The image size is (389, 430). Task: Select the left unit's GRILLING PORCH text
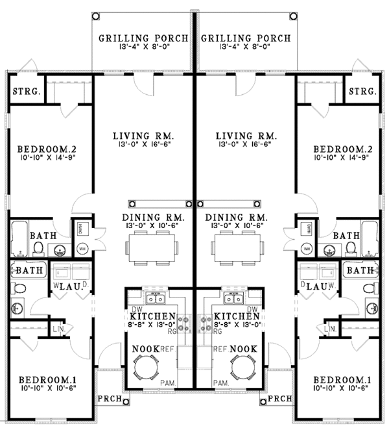143,38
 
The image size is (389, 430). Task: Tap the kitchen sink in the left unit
156,298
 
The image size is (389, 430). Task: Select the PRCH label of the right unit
279,398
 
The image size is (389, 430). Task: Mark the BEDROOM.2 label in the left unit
42,147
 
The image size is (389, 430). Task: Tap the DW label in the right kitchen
253,309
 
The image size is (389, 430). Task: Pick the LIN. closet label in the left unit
58,331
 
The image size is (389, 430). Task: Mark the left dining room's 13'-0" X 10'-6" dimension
153,225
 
